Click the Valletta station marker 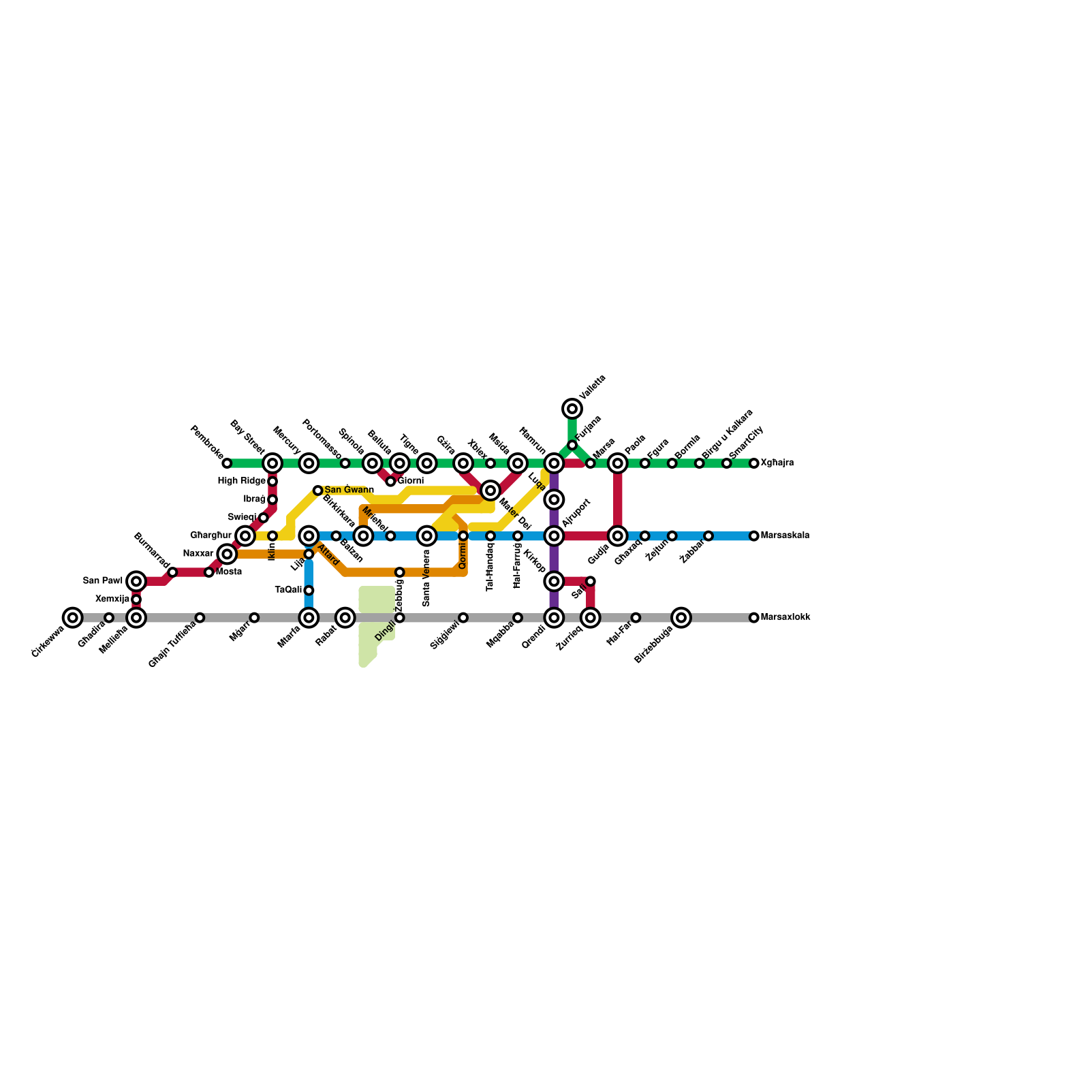(x=572, y=409)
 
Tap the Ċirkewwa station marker (x=73, y=618)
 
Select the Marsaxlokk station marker (x=754, y=618)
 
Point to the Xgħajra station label (x=777, y=463)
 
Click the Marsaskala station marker (x=754, y=536)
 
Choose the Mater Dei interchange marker (x=490, y=490)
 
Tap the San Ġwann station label (x=349, y=490)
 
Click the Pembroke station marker (x=227, y=463)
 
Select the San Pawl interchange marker (x=136, y=581)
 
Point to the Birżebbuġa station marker (x=681, y=618)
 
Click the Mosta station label (x=228, y=572)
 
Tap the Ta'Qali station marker (x=309, y=590)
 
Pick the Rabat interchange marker (x=345, y=618)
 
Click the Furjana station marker (x=572, y=445)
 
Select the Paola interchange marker (x=618, y=463)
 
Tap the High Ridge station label (x=241, y=482)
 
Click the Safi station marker (x=591, y=581)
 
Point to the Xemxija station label (x=112, y=599)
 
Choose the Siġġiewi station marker (x=463, y=618)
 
